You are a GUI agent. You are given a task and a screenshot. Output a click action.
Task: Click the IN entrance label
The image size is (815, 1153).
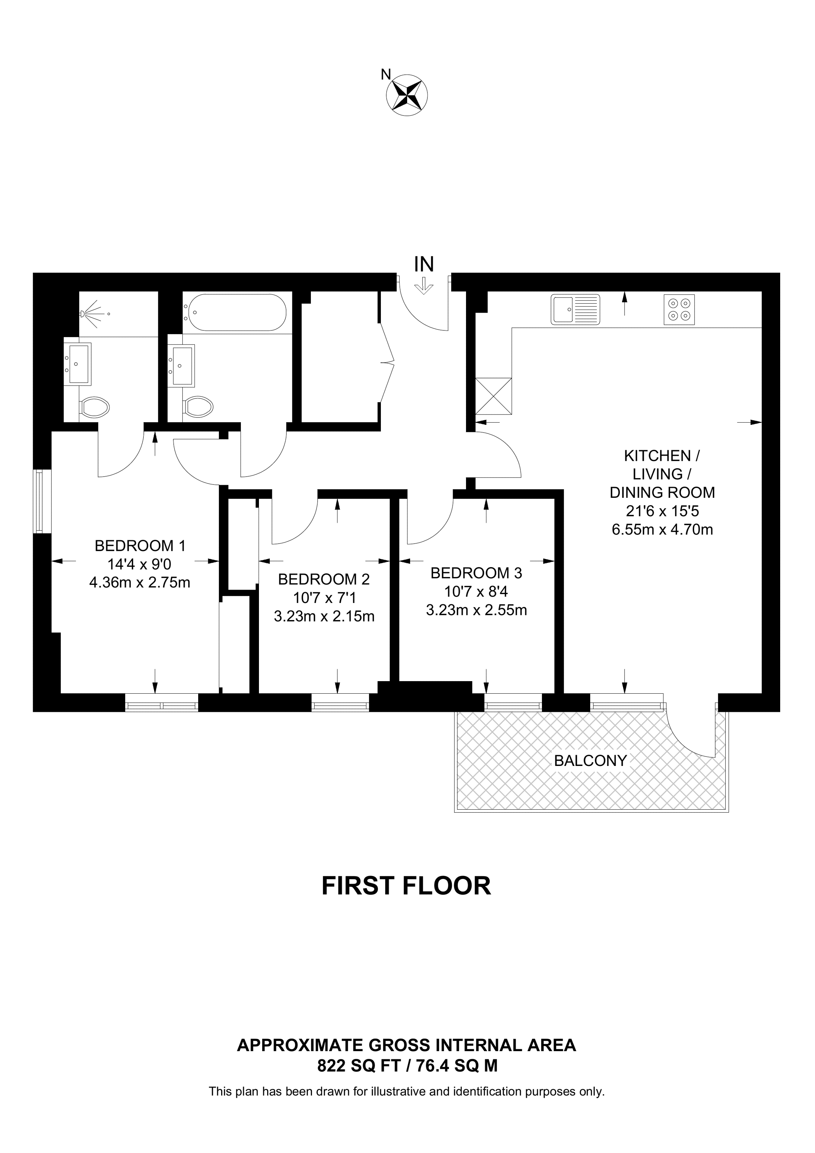tap(424, 264)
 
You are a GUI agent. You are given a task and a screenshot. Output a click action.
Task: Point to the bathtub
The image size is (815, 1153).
tap(235, 312)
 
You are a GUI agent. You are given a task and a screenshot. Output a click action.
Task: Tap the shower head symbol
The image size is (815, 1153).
tap(89, 314)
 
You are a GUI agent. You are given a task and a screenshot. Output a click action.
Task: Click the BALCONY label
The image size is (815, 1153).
tap(591, 761)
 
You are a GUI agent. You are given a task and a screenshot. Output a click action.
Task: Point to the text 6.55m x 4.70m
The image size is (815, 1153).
tap(662, 529)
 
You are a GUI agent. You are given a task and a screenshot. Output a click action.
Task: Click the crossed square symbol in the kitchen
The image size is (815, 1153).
tap(493, 396)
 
